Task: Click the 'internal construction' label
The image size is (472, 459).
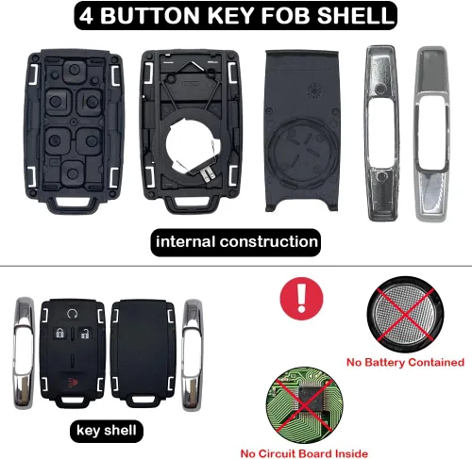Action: click(x=236, y=241)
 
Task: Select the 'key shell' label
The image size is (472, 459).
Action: click(x=107, y=433)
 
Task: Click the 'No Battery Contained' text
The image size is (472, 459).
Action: click(x=406, y=362)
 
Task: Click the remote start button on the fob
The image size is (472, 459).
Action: click(x=73, y=313)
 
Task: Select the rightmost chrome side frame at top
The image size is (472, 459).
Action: click(x=435, y=132)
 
